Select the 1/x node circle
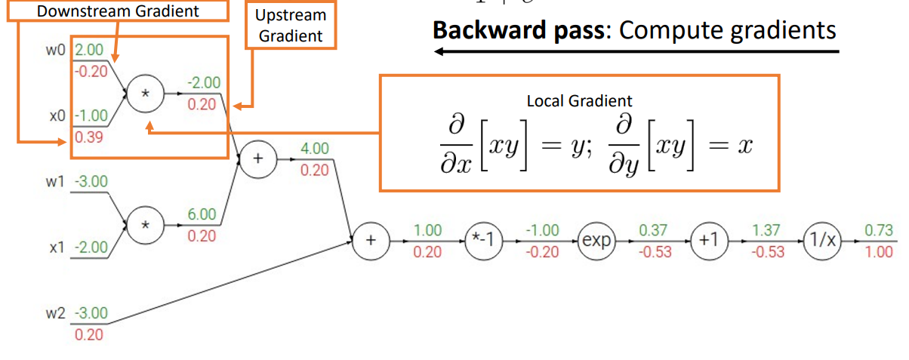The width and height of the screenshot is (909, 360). click(820, 241)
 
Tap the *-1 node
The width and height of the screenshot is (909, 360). click(482, 241)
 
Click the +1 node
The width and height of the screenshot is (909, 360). click(707, 241)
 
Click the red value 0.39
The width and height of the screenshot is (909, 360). click(89, 138)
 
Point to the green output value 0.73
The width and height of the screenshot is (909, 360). click(879, 229)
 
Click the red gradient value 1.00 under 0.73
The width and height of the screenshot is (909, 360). click(879, 252)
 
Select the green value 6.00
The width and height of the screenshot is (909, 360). click(202, 214)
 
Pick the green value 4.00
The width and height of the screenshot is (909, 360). click(314, 149)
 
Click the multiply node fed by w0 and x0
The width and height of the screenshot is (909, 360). click(146, 94)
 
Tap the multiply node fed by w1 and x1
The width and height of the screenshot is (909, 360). click(146, 225)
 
